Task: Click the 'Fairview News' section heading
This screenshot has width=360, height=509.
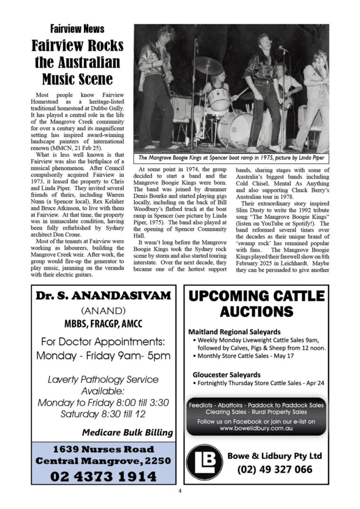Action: click(77, 29)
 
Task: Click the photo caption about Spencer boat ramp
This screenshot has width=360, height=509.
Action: click(231, 158)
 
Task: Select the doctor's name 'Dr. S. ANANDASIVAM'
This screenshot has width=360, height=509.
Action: click(103, 296)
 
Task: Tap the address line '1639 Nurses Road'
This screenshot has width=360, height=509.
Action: click(103, 449)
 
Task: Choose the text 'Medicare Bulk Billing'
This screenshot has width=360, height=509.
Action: click(127, 432)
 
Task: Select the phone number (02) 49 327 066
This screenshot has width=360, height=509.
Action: click(275, 469)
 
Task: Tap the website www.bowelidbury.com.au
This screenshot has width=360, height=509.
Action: click(256, 428)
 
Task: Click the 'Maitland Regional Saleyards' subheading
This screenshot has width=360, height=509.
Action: click(234, 332)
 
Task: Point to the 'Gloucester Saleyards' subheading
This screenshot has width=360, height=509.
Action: click(226, 375)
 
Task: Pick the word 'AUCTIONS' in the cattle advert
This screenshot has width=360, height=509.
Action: click(256, 312)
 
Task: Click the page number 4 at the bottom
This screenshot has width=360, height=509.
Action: click(180, 491)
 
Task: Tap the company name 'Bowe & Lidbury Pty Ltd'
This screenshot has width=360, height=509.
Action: click(275, 456)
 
